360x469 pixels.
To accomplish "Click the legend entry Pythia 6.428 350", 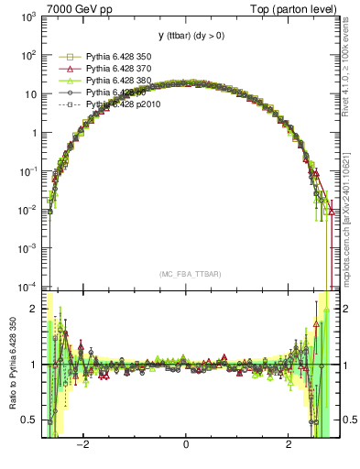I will tap(118, 56).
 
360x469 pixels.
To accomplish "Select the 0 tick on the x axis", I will tap(186, 445).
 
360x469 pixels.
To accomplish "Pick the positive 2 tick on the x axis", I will tap(289, 445).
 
